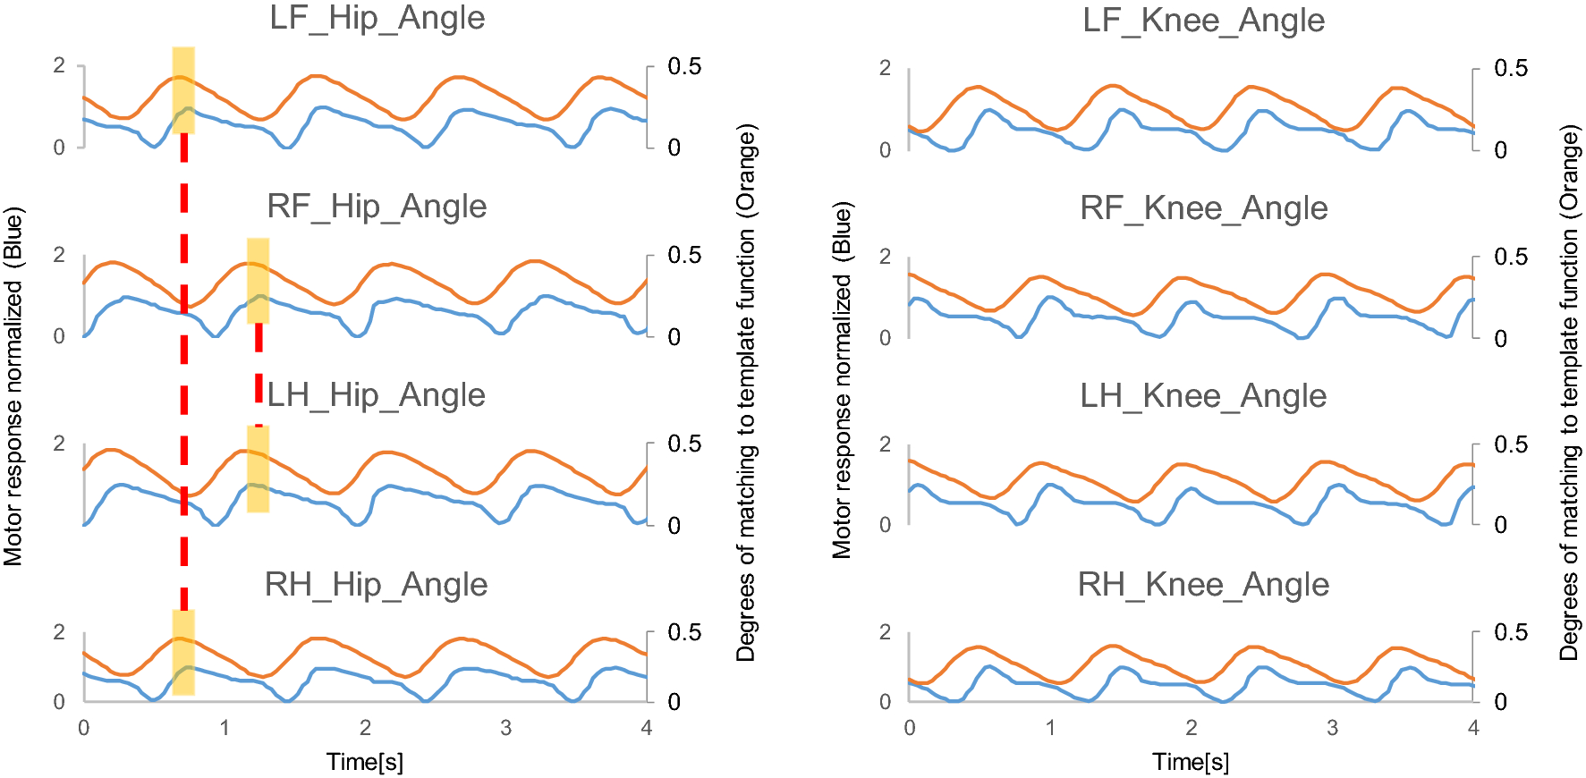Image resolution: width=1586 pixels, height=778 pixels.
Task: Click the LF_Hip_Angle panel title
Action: (377, 19)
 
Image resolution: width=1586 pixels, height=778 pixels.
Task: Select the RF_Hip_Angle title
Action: (377, 207)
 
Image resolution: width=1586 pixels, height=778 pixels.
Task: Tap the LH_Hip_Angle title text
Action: (377, 395)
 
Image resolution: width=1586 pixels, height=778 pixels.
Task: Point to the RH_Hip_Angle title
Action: (377, 585)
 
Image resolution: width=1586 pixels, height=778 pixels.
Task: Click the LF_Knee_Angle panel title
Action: (1204, 21)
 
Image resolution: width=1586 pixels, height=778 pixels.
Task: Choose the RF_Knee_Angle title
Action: (1204, 208)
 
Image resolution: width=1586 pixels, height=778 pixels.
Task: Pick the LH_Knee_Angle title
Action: (1203, 396)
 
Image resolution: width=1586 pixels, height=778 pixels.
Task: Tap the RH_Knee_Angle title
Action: (1203, 585)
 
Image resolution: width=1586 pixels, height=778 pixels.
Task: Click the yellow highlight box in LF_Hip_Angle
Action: (183, 90)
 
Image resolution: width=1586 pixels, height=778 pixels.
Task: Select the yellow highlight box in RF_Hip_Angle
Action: (258, 281)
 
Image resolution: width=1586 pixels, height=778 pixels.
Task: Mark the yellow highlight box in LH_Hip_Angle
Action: (258, 469)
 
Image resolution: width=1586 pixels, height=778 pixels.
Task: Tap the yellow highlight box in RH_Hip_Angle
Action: (183, 653)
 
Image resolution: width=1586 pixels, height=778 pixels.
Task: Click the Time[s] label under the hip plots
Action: (365, 762)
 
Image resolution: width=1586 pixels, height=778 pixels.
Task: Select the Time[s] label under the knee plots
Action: (1191, 762)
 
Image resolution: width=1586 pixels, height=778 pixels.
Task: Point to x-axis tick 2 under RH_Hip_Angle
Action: (365, 728)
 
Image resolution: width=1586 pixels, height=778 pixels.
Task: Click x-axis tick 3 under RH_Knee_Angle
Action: (1332, 728)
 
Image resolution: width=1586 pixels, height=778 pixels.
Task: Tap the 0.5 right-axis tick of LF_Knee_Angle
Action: (1511, 68)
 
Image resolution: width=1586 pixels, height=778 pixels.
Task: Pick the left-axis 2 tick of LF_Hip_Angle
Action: (59, 65)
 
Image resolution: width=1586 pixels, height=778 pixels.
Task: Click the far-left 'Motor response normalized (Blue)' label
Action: (13, 386)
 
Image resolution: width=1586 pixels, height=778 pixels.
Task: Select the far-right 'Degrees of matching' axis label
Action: (1570, 393)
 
